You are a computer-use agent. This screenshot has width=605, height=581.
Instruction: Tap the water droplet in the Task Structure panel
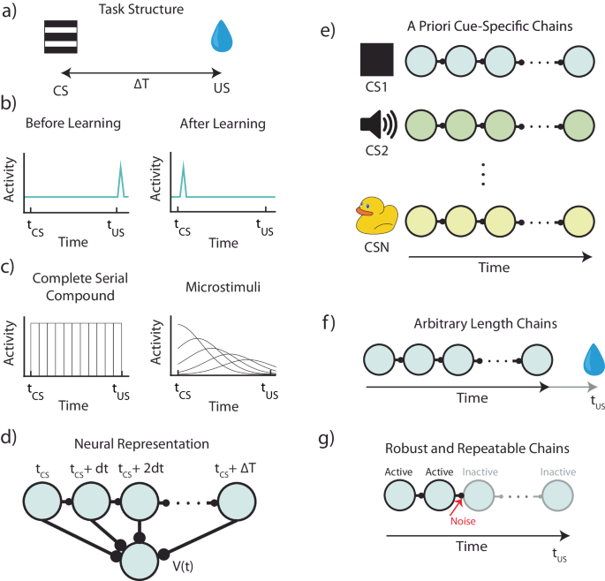click(219, 40)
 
